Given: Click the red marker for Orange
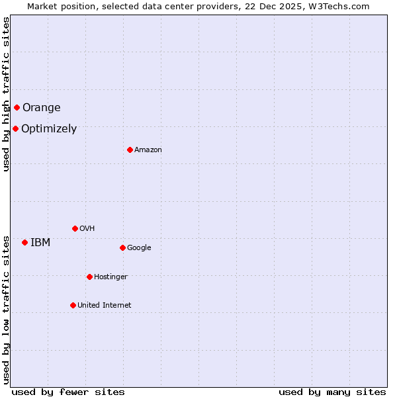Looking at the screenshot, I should point(17,107).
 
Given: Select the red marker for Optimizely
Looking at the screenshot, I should point(15,128).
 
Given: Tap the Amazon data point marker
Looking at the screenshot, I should point(130,150).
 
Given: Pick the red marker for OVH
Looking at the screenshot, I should point(75,228).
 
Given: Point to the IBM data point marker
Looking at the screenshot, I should point(24,242).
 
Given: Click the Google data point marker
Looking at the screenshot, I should point(122,247).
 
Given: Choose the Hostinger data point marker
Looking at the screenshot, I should point(89,277).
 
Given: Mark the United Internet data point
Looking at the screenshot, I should point(73,305).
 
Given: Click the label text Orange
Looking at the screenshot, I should point(41,108).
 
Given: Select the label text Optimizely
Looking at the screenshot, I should point(49,129).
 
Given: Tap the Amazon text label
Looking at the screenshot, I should point(148,150).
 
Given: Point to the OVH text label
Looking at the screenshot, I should point(87,229).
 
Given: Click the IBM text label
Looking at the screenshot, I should point(40,243).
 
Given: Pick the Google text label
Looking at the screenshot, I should point(139,248).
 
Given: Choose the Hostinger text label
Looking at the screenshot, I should point(110,277).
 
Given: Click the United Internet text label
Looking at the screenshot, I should point(104,306).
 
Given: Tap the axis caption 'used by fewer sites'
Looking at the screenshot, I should point(68,392).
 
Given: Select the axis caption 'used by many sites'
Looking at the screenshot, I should point(332,392).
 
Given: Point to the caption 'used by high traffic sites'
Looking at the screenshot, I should point(6,95).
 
